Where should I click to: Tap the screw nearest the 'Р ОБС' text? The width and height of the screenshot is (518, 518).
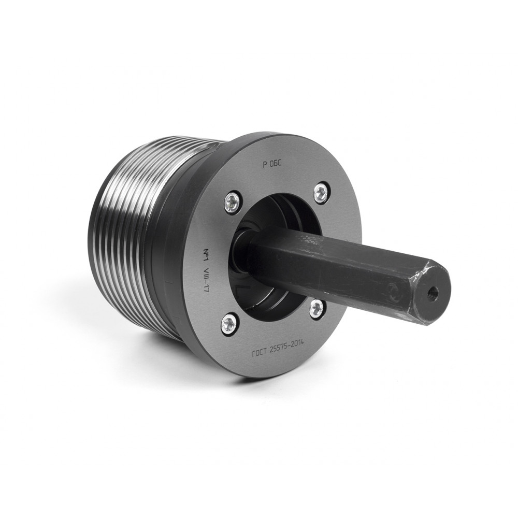coord(321,193)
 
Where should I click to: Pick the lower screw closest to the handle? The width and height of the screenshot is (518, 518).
coord(316,308)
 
